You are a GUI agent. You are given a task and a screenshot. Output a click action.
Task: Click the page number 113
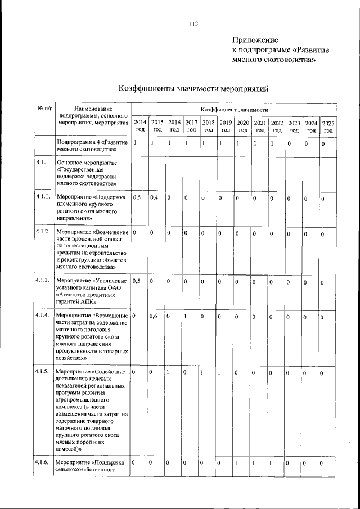click(193, 24)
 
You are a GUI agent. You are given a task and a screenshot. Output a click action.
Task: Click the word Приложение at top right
click(255, 40)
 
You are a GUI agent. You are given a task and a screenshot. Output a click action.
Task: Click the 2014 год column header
click(140, 126)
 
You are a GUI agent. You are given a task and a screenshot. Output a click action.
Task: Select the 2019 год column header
click(226, 126)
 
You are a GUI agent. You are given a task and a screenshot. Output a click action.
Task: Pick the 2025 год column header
click(328, 127)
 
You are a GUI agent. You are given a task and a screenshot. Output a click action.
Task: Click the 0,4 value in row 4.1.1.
click(154, 199)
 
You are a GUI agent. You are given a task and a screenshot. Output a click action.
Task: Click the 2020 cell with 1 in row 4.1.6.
click(237, 463)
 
